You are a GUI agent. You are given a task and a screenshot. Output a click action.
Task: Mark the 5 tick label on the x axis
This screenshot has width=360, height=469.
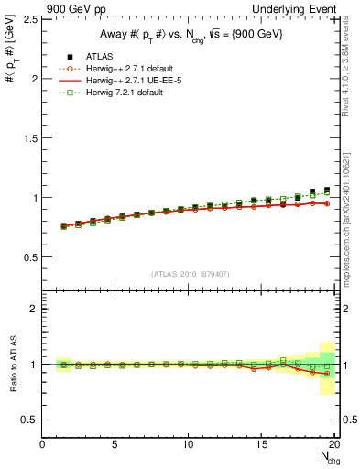tap(115, 444)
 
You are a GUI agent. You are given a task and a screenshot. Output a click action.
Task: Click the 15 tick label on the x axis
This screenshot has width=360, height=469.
tap(262, 444)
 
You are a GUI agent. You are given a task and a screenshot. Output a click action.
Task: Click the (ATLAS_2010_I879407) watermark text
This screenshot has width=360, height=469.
tap(190, 273)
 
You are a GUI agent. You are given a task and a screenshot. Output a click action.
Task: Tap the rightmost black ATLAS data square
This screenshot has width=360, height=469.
tap(327, 191)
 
